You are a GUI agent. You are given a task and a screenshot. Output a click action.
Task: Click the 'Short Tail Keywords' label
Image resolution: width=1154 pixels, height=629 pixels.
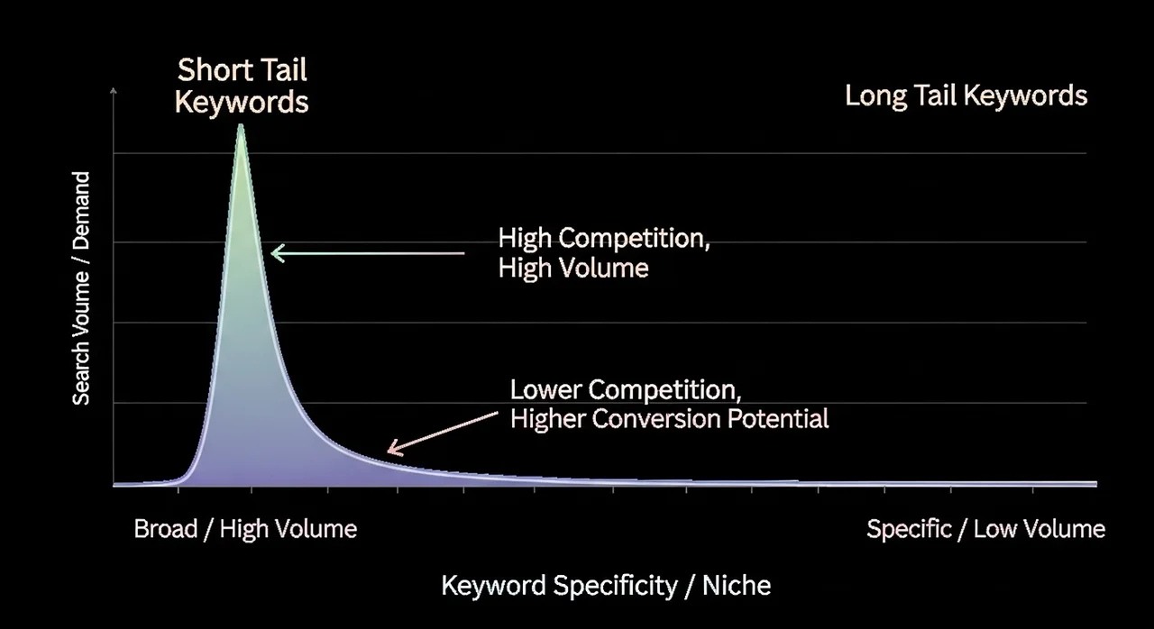coord(242,86)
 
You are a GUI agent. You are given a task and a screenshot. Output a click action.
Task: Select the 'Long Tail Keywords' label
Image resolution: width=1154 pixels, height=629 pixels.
coord(966,96)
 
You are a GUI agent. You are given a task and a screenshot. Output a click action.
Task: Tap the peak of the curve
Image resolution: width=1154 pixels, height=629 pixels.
coord(241,125)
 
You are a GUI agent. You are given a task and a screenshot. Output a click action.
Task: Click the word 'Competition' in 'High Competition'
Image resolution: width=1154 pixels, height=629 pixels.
coord(634,238)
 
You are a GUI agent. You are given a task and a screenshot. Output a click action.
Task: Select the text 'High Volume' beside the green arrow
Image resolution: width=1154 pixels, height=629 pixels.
coord(572,269)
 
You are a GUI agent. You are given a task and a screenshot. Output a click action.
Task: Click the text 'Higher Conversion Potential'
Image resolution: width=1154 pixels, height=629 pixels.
coord(669,419)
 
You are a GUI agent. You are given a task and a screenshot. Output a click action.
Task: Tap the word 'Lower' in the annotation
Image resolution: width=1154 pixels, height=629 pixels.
coord(545,389)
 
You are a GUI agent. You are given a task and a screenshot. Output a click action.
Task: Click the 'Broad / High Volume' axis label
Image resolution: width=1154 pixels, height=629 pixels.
coord(245,529)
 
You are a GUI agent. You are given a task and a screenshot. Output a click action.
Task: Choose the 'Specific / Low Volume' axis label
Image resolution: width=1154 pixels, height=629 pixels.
coord(985,529)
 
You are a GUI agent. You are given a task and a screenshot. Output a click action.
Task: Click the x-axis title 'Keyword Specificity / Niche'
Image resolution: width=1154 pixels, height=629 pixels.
coord(606,586)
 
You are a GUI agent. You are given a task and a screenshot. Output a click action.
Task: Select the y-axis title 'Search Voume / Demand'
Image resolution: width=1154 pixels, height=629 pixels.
coord(81,288)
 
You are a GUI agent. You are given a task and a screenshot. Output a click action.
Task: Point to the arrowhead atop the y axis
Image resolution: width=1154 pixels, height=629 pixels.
coord(114,91)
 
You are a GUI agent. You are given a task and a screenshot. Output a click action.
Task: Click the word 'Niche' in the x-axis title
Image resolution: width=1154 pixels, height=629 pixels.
coord(737,585)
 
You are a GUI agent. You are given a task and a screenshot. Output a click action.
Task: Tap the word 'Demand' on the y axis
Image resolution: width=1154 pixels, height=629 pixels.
coord(81,211)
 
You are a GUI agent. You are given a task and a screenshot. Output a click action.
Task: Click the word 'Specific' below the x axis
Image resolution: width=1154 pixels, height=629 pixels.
coord(910,529)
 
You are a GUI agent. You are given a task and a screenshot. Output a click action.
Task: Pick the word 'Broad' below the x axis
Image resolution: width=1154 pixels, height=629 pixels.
coord(165,529)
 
